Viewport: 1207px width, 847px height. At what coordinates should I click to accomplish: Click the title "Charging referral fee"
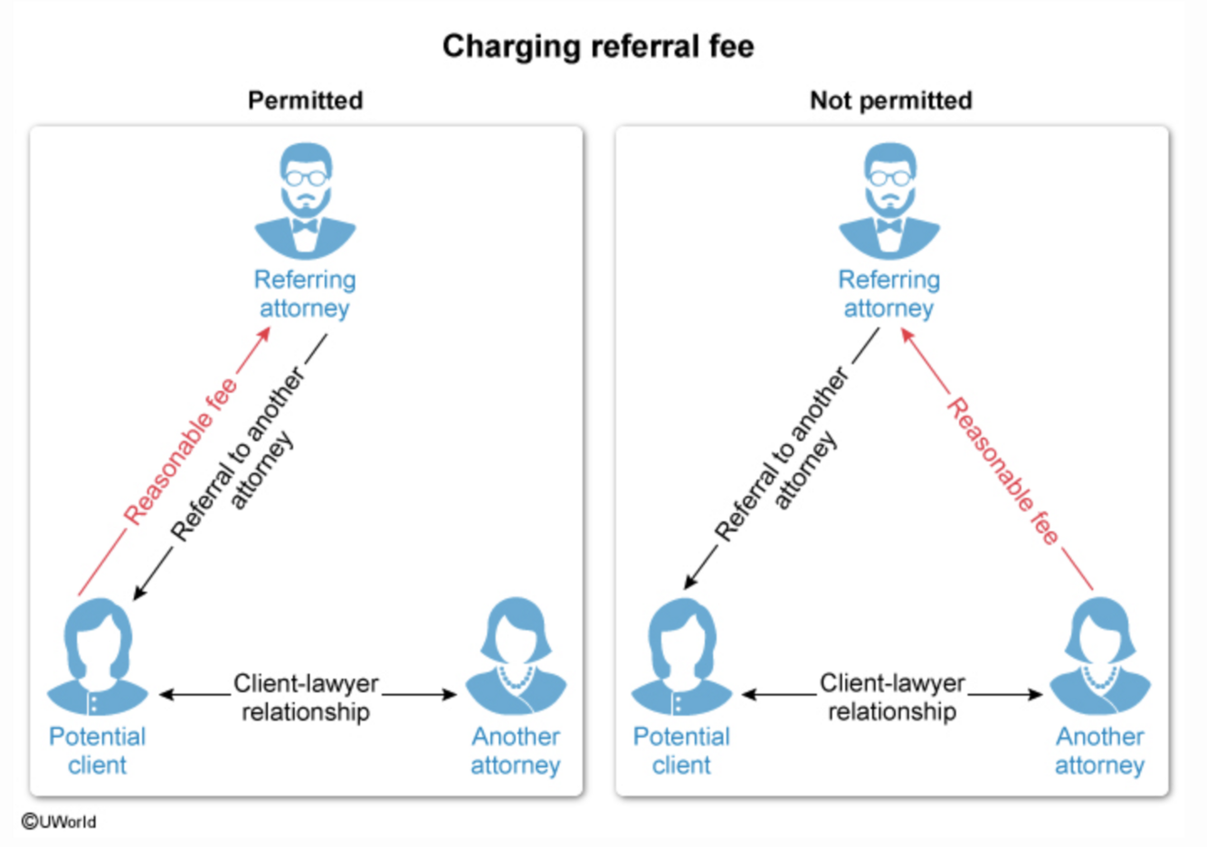(598, 46)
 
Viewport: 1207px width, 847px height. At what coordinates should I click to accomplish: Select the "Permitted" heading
(305, 100)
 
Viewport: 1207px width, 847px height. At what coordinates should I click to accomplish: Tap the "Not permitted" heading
(890, 100)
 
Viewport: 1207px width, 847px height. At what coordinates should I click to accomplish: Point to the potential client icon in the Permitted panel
(97, 658)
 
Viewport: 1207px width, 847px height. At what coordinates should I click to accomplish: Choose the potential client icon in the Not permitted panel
(681, 658)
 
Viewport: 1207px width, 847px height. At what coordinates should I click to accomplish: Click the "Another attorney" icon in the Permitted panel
(515, 658)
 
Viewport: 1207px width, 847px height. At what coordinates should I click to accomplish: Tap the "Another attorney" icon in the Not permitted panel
(1099, 658)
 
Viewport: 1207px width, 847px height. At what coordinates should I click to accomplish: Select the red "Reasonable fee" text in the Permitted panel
(180, 452)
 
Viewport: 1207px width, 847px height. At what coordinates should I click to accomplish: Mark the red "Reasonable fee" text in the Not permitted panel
(1003, 471)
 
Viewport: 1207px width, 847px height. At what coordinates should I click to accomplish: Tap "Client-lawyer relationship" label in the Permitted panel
(306, 697)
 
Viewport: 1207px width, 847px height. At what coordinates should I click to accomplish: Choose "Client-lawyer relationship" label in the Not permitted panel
(892, 697)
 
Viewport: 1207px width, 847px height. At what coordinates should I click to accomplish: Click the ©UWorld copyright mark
(59, 822)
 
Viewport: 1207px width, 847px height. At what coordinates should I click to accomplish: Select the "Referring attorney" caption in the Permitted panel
(305, 294)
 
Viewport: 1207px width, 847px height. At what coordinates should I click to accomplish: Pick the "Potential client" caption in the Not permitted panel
(681, 750)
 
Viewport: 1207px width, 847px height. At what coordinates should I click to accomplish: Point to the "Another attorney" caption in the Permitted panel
(515, 750)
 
